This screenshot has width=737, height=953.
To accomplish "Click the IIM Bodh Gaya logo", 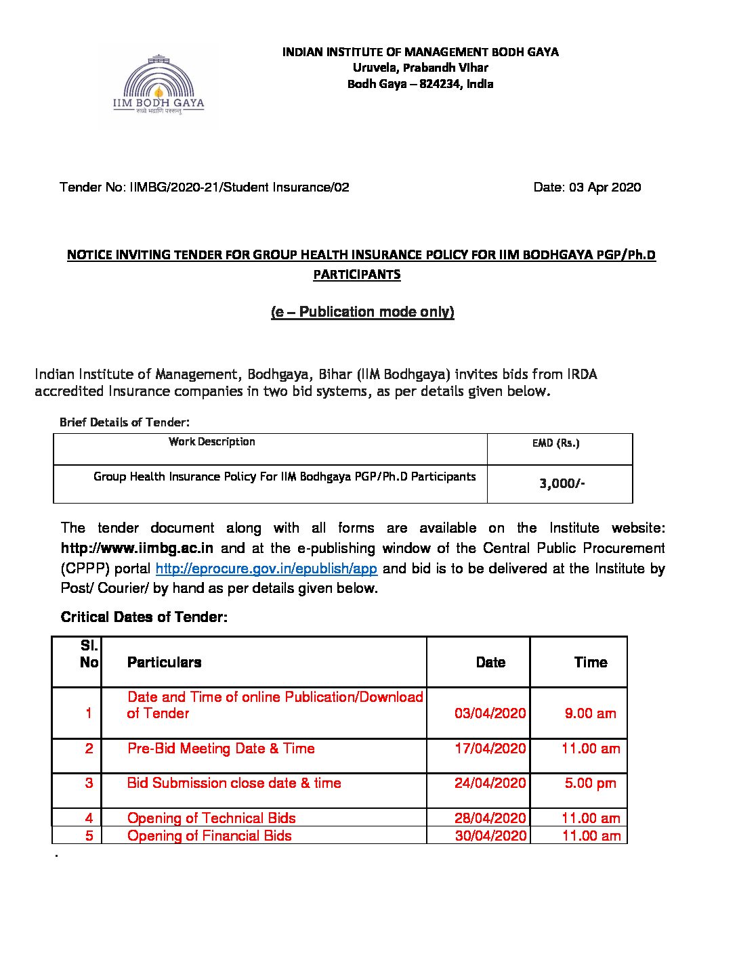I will [159, 87].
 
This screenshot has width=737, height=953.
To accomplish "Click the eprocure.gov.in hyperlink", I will [266, 569].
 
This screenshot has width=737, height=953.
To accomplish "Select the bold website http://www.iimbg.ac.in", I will [138, 548].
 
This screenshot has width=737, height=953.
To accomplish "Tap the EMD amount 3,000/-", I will [562, 483].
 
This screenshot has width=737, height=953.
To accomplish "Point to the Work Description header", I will [212, 442].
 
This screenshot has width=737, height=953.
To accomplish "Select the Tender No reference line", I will [205, 187].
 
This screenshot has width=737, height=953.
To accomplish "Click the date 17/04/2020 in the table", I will [490, 749].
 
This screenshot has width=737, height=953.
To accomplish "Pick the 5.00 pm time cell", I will [591, 783].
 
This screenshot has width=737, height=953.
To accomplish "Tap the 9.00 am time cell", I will [591, 713].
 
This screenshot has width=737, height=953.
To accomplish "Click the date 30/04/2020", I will [490, 836].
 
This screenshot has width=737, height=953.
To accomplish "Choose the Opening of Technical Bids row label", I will [211, 818].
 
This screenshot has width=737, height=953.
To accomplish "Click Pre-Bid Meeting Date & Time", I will [221, 749].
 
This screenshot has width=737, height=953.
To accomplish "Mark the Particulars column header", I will [165, 663].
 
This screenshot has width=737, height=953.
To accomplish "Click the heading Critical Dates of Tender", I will [144, 617].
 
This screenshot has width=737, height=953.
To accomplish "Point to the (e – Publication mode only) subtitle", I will [362, 312].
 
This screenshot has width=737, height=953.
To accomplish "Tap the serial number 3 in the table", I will [89, 783].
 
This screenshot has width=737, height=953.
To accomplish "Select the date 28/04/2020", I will [490, 818].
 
